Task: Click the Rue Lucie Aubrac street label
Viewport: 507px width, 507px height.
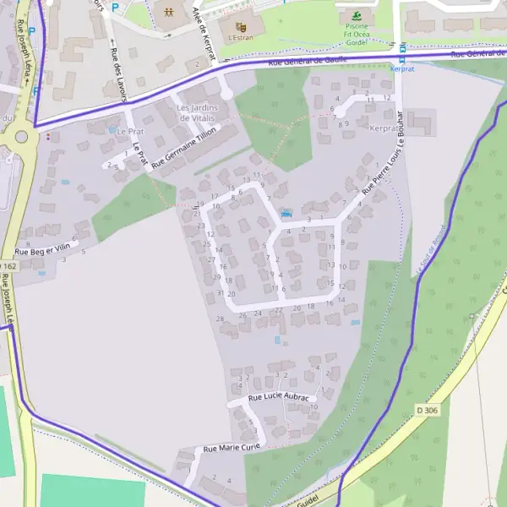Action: coord(281,396)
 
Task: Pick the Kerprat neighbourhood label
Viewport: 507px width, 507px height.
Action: coord(386,128)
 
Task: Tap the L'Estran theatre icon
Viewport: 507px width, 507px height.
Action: coord(241,27)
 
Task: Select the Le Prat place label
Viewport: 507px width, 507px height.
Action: coord(131,132)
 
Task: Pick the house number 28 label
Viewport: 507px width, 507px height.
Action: coord(221,319)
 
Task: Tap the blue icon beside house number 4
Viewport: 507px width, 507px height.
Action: coord(286,214)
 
